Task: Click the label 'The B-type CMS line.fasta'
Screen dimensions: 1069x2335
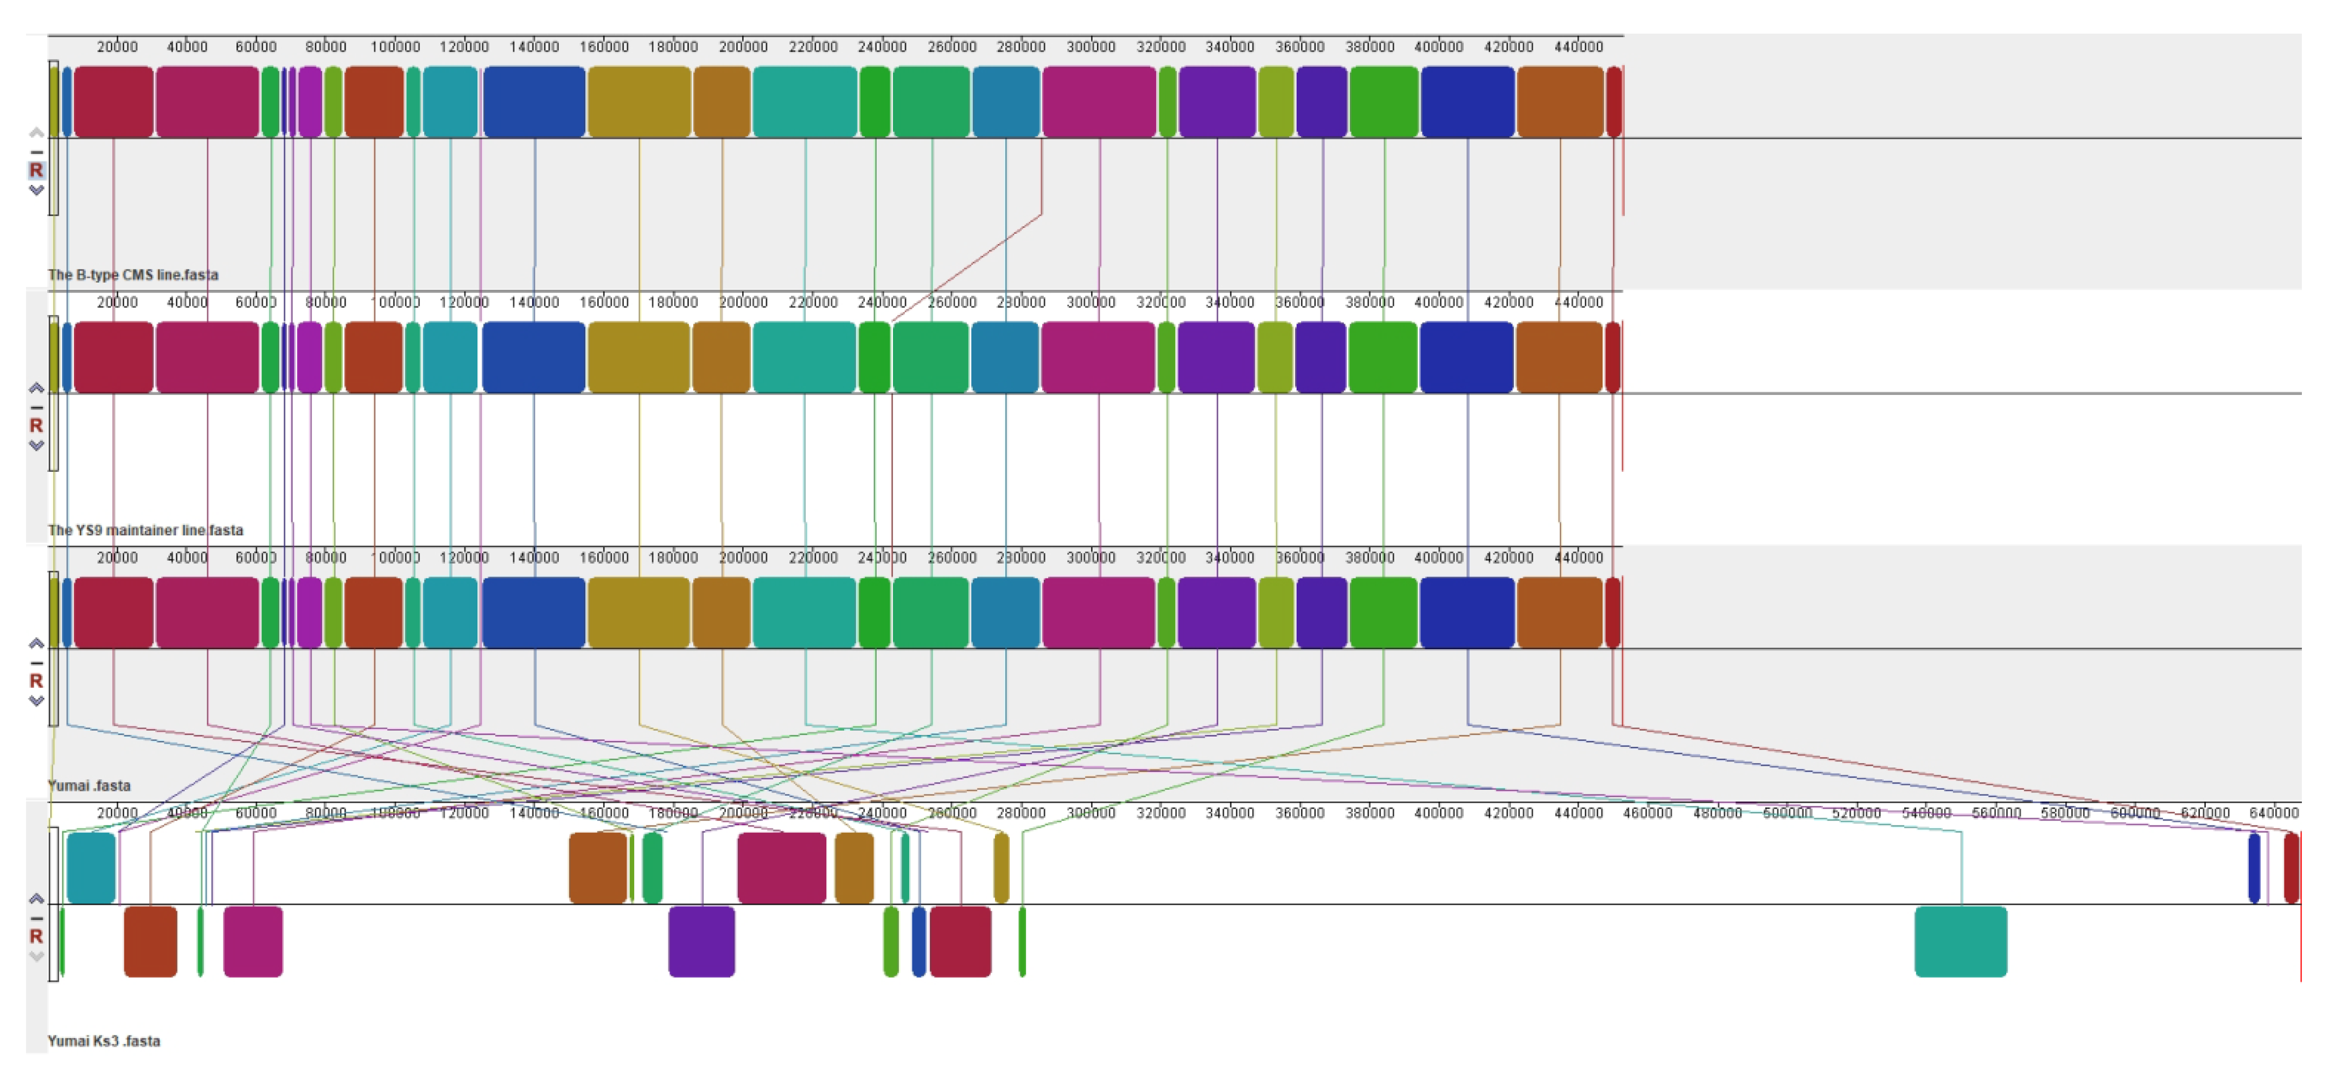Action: click(133, 274)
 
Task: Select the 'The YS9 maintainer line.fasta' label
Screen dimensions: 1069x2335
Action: click(145, 530)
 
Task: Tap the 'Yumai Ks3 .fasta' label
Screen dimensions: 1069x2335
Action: click(103, 1041)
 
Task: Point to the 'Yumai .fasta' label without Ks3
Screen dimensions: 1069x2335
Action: click(89, 785)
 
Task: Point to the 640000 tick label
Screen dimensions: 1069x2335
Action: click(2273, 812)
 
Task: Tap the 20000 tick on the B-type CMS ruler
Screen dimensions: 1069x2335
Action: click(117, 46)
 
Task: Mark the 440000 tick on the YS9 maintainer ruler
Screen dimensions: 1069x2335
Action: click(1578, 302)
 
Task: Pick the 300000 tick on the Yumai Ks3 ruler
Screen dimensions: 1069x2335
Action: click(1090, 812)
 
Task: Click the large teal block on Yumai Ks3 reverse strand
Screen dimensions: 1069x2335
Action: click(1960, 941)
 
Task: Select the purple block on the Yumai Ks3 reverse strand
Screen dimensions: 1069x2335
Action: click(701, 941)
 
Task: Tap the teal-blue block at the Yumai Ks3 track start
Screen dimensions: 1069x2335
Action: click(91, 867)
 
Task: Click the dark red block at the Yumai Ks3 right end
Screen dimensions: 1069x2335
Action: click(2291, 867)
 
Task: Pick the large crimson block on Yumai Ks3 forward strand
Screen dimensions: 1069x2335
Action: click(781, 867)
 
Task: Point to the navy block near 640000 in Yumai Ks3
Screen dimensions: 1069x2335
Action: click(2254, 867)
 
